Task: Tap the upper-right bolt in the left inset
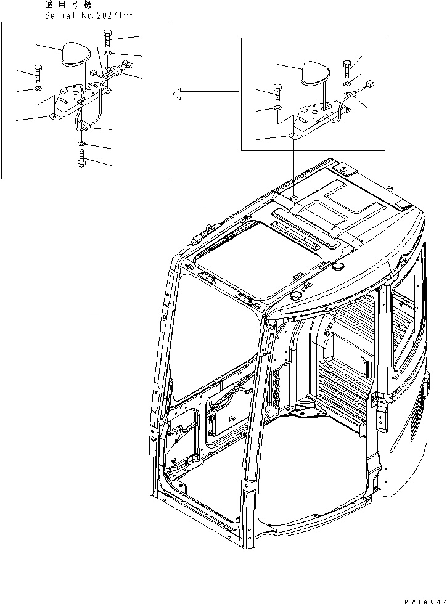108,38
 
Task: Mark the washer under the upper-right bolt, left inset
108,54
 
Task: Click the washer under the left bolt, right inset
277,108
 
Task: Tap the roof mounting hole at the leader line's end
294,197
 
